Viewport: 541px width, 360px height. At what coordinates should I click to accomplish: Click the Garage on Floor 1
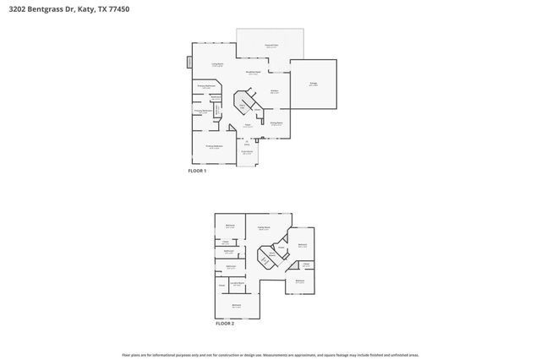click(x=313, y=84)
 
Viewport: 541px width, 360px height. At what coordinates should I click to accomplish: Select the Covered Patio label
click(x=270, y=46)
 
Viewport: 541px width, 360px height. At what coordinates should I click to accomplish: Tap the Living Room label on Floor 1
click(x=216, y=64)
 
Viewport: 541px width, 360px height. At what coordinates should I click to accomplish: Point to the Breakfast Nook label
click(x=252, y=74)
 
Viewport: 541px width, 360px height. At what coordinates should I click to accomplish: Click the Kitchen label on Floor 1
click(x=275, y=91)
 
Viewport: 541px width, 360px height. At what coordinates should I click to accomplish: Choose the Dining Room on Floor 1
click(x=276, y=123)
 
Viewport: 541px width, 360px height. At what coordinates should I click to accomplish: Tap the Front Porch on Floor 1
click(x=246, y=154)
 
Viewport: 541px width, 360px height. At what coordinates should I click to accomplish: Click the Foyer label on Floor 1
click(x=248, y=125)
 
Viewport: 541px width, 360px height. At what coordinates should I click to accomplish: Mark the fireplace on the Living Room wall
click(x=189, y=63)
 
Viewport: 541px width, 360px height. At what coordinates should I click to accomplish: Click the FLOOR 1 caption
click(x=197, y=171)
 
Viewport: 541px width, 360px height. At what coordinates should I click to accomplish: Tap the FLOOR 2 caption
click(x=224, y=324)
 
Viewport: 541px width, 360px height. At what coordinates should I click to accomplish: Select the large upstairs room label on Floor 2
click(x=263, y=226)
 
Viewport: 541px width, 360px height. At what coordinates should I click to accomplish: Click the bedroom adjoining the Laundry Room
click(x=237, y=306)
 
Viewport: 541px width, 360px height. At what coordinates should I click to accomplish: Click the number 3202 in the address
click(x=16, y=10)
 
